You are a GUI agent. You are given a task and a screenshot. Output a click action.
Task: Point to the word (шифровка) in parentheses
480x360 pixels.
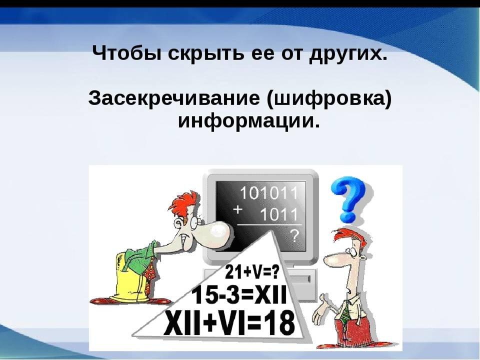click(329, 99)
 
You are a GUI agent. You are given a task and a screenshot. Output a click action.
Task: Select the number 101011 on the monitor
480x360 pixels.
click(268, 193)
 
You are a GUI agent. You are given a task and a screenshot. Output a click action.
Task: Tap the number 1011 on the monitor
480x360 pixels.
click(278, 214)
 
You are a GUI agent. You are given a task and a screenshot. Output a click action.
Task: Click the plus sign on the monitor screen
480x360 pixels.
click(237, 210)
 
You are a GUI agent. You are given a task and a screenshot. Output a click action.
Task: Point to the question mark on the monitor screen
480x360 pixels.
click(293, 236)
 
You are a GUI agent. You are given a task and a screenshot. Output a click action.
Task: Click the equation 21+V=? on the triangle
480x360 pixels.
click(252, 273)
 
